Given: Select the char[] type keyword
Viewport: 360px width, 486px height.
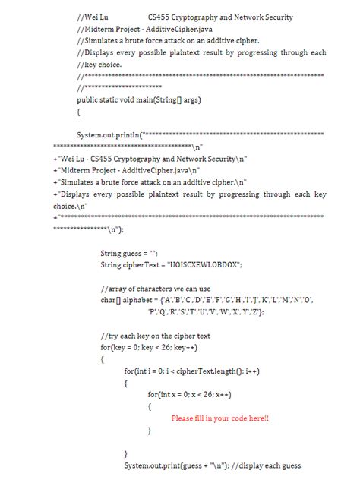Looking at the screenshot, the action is [112, 300].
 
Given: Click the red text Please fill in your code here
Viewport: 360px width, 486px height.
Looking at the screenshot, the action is [220, 418].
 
